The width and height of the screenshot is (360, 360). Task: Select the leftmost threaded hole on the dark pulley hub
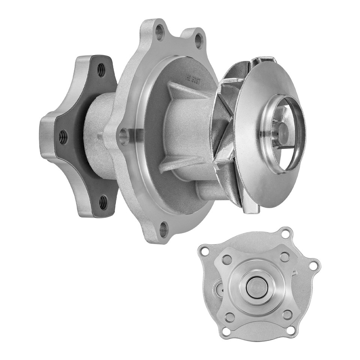63,137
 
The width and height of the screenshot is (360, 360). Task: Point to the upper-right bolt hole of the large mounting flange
199,40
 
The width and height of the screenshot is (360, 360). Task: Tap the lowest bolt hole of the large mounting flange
163,229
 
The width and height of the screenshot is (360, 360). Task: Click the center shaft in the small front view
257,287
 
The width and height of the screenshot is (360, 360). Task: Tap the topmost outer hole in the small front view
286,234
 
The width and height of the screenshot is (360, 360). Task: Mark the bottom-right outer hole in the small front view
291,330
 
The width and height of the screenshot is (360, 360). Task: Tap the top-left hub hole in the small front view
227,259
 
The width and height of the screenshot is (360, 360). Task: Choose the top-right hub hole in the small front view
285,257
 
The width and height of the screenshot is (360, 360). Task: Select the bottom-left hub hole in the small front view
229,317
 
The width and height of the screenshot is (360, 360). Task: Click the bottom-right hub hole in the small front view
287,314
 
